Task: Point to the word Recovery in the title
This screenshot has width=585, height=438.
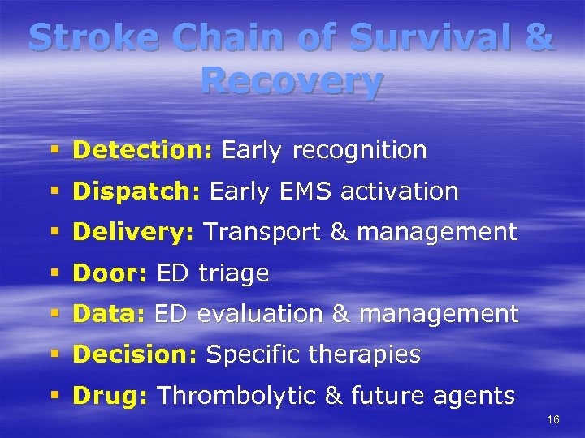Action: click(292, 81)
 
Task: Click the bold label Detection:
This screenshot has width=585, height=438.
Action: click(143, 150)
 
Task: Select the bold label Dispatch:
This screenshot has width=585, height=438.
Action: click(137, 191)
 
